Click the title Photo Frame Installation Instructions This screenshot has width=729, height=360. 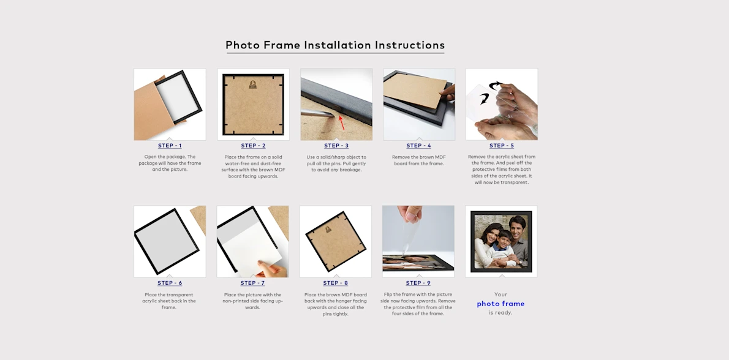click(x=335, y=45)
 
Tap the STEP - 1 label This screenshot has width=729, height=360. click(x=170, y=146)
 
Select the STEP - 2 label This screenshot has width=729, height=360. click(x=253, y=146)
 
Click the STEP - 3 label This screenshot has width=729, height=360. click(x=336, y=146)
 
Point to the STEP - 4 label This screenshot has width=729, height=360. click(x=419, y=146)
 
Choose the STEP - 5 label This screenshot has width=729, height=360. click(x=502, y=146)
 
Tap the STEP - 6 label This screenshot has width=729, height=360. click(x=170, y=283)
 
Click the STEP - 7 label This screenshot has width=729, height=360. click(x=252, y=283)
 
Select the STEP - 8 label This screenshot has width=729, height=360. click(x=336, y=283)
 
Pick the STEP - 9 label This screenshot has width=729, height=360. click(x=418, y=283)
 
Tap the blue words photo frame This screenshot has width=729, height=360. click(x=500, y=304)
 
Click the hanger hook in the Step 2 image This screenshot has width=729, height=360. click(x=253, y=84)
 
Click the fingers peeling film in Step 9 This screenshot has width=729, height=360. click(x=409, y=216)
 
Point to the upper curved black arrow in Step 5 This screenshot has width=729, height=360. click(x=495, y=86)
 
